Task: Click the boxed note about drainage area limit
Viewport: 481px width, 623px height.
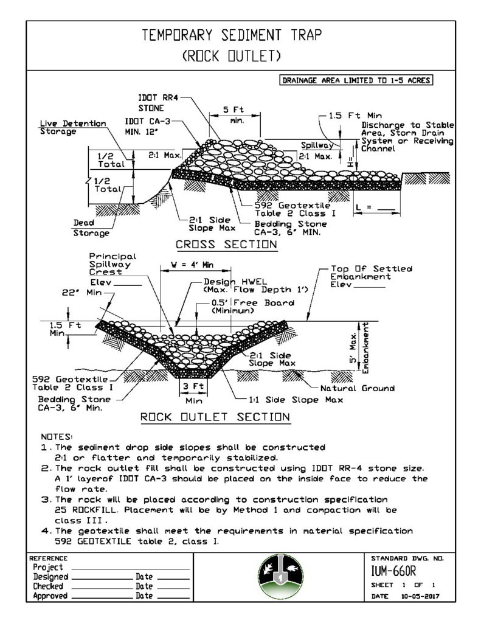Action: tap(356, 80)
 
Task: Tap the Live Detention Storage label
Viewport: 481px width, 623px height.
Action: tap(73, 128)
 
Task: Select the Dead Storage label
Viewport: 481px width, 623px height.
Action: tap(91, 228)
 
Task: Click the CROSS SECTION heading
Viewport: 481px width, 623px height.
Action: tap(226, 245)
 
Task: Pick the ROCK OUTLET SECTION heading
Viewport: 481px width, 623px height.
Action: tap(215, 417)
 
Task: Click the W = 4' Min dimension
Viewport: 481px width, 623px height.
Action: tap(192, 265)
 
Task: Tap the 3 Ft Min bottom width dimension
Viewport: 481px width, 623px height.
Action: tap(193, 393)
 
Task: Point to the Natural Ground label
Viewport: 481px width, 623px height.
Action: tap(357, 388)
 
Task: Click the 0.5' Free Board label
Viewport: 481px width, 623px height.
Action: tap(252, 307)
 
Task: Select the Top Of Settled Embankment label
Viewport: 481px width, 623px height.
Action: tap(371, 277)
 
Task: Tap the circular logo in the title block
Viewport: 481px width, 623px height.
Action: tap(280, 577)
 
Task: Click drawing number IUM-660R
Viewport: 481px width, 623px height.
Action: tap(393, 571)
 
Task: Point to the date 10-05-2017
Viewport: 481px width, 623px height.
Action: tap(420, 596)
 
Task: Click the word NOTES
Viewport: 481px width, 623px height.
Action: tap(57, 437)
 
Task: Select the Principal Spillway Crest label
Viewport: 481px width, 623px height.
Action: tap(112, 264)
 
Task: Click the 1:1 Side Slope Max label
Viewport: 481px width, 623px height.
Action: tap(296, 400)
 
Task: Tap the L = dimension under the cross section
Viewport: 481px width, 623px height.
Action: tap(375, 207)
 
